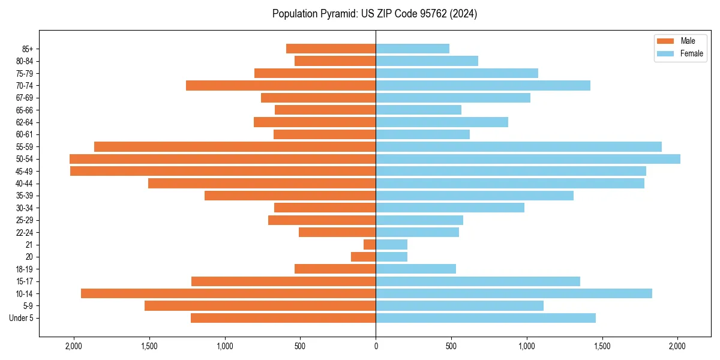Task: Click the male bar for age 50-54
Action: pos(223,159)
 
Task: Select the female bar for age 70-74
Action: pos(483,86)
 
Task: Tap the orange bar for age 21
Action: pos(370,245)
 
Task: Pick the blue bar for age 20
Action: pos(391,257)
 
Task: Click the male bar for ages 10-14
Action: pos(228,293)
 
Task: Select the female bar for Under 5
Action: pos(485,318)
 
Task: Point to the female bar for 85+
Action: pos(412,49)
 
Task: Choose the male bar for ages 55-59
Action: pos(235,147)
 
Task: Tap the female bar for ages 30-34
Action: pos(450,208)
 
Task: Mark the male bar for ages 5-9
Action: pos(260,306)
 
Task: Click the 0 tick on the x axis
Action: pos(376,346)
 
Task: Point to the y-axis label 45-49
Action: pos(24,171)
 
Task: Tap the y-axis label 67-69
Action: pos(24,98)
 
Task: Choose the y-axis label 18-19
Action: pos(24,269)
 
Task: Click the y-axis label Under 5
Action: pos(22,318)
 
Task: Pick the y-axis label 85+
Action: pos(28,49)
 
